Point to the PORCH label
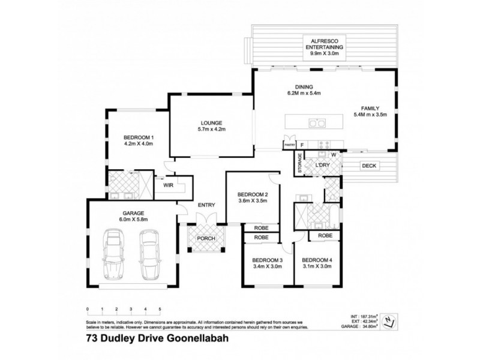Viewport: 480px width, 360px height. pos(206,238)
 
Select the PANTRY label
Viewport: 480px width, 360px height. pos(289,145)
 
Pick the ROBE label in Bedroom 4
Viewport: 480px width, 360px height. pos(325,236)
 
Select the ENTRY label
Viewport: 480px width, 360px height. pos(206,206)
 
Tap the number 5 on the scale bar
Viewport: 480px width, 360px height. pos(160,309)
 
